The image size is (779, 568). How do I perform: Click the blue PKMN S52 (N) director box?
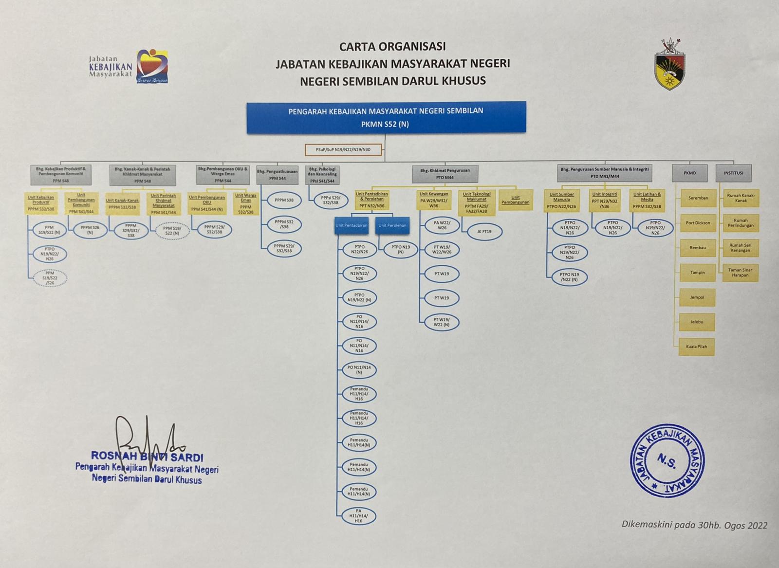386,117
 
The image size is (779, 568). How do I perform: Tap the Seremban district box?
698,198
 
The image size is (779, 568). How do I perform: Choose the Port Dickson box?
698,223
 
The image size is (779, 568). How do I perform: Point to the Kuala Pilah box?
697,347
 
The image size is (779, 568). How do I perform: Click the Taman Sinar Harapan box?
740,273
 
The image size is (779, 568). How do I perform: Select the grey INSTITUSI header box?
733,173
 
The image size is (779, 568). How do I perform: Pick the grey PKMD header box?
689,173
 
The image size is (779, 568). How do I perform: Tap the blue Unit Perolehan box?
392,225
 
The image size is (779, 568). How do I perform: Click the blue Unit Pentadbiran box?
351,225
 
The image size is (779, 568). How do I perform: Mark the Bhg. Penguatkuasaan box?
277,175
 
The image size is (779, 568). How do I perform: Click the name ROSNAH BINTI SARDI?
147,458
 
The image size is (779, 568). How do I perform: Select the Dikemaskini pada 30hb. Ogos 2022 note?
694,525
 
